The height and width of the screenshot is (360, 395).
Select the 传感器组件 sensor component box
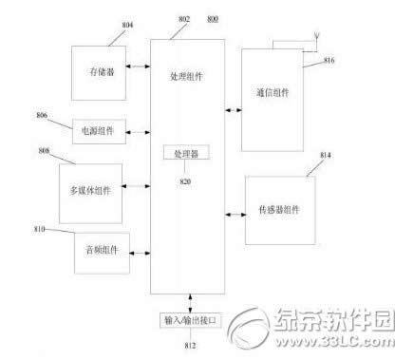(x=279, y=208)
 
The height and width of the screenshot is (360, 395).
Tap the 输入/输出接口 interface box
(x=187, y=320)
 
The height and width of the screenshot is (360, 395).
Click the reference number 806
(x=41, y=116)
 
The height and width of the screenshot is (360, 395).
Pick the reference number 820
(x=184, y=173)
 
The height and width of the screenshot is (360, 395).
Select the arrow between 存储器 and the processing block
(x=139, y=67)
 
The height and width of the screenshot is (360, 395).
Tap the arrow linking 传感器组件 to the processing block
(x=235, y=208)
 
